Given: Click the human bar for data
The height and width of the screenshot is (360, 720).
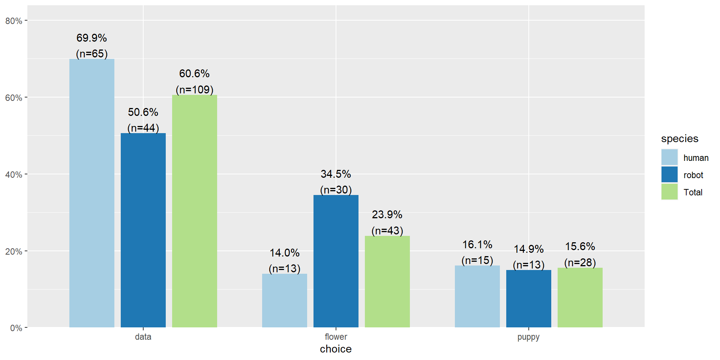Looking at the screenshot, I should (92, 193).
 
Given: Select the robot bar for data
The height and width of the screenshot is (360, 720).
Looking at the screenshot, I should (143, 230).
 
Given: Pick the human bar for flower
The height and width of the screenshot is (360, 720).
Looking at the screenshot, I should (285, 300).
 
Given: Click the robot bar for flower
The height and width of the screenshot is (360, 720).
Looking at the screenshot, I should (336, 261).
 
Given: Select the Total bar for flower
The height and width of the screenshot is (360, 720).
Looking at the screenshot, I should (387, 282).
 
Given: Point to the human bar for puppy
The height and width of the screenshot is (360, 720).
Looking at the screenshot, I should (477, 296).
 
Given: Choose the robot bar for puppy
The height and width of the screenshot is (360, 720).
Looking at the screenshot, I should (529, 298).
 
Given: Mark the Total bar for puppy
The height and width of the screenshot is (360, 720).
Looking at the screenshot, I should (580, 297).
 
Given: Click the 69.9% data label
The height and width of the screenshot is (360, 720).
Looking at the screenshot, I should (92, 38).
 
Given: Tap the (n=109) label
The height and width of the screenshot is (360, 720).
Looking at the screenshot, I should (195, 90).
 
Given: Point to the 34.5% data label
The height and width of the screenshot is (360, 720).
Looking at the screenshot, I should (336, 174).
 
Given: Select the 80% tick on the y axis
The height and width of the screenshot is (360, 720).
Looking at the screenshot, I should (14, 21).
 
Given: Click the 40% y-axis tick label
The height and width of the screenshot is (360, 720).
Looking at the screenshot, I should (14, 175).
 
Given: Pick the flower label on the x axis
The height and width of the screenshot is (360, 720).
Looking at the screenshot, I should (336, 337).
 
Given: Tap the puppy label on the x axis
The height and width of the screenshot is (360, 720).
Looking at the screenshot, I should (528, 337).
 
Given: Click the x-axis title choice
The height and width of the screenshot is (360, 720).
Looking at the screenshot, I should (336, 349).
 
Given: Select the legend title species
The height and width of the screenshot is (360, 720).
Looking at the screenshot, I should (679, 139).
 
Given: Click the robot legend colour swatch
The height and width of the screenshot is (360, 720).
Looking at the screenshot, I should (669, 175).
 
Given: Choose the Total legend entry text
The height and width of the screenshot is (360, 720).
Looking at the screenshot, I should (693, 192).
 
